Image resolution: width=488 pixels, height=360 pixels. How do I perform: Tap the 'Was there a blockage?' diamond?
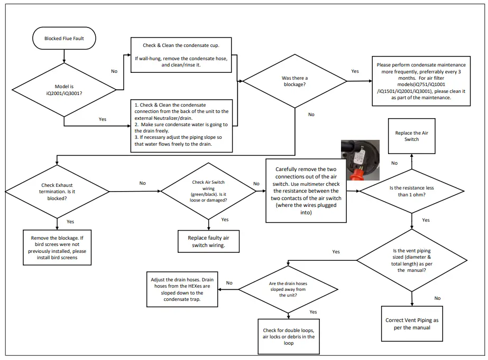294,81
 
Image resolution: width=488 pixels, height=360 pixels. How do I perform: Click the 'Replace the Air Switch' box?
411,136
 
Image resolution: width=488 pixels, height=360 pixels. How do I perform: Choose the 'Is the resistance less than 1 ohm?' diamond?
411,191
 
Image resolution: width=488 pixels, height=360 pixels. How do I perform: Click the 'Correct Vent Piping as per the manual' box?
411,324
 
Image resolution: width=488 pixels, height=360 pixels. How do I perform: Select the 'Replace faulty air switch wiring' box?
208,241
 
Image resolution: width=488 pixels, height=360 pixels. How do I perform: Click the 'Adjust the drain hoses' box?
182,289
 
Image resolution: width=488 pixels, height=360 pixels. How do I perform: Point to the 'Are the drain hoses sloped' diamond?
289,289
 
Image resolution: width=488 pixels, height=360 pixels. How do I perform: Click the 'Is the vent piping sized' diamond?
411,260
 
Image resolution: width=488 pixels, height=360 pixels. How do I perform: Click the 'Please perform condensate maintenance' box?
421,81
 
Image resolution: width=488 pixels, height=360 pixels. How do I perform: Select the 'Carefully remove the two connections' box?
307,191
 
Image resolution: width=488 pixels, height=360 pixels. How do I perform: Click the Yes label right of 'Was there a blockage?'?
355,71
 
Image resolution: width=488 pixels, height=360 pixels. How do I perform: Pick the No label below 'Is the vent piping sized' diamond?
437,298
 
